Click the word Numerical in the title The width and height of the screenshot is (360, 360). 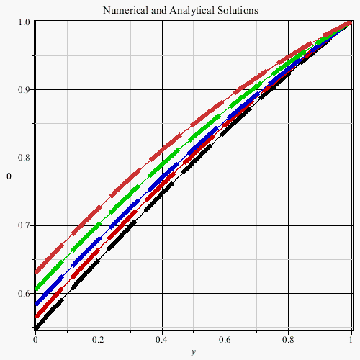[125, 10]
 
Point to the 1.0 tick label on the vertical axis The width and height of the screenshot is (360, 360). [24, 22]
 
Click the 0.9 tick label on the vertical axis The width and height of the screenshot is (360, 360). [24, 90]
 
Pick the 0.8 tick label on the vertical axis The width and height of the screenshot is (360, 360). [24, 158]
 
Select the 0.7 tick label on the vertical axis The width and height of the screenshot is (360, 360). [24, 225]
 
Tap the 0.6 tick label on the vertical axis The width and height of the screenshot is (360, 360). [24, 293]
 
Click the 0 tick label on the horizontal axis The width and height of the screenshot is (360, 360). [35, 340]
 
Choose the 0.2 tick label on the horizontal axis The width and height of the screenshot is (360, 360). [98, 340]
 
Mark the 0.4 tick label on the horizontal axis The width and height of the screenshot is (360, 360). [161, 340]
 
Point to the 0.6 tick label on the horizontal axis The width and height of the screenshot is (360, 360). [225, 340]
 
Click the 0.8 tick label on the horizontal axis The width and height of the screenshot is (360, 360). [288, 340]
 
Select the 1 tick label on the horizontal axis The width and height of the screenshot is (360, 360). [351, 340]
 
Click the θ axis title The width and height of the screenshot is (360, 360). [9, 176]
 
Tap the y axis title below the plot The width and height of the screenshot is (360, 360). [194, 352]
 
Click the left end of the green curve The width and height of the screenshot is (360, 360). [36, 289]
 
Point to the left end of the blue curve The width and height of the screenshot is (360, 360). [36, 304]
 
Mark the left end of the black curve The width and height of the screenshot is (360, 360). [36, 328]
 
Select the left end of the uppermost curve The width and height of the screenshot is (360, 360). [36, 272]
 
